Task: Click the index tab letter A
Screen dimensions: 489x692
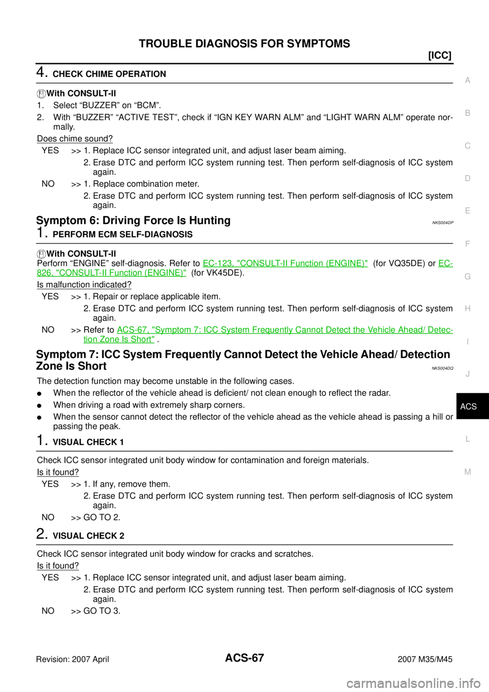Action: pos(468,81)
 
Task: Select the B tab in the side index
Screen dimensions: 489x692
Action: pos(468,113)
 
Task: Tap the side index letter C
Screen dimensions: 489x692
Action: pos(468,146)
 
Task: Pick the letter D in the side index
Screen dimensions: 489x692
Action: pos(468,178)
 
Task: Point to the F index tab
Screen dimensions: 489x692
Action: pos(468,244)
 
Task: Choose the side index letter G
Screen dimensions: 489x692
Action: pos(468,276)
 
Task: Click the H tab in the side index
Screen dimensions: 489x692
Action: pos(468,309)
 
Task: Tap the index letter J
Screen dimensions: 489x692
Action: pos(468,374)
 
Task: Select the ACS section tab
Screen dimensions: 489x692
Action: pos(468,407)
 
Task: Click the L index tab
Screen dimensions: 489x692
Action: pos(468,439)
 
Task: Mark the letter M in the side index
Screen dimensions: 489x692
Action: pos(468,472)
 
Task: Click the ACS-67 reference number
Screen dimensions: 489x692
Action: pos(132,330)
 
